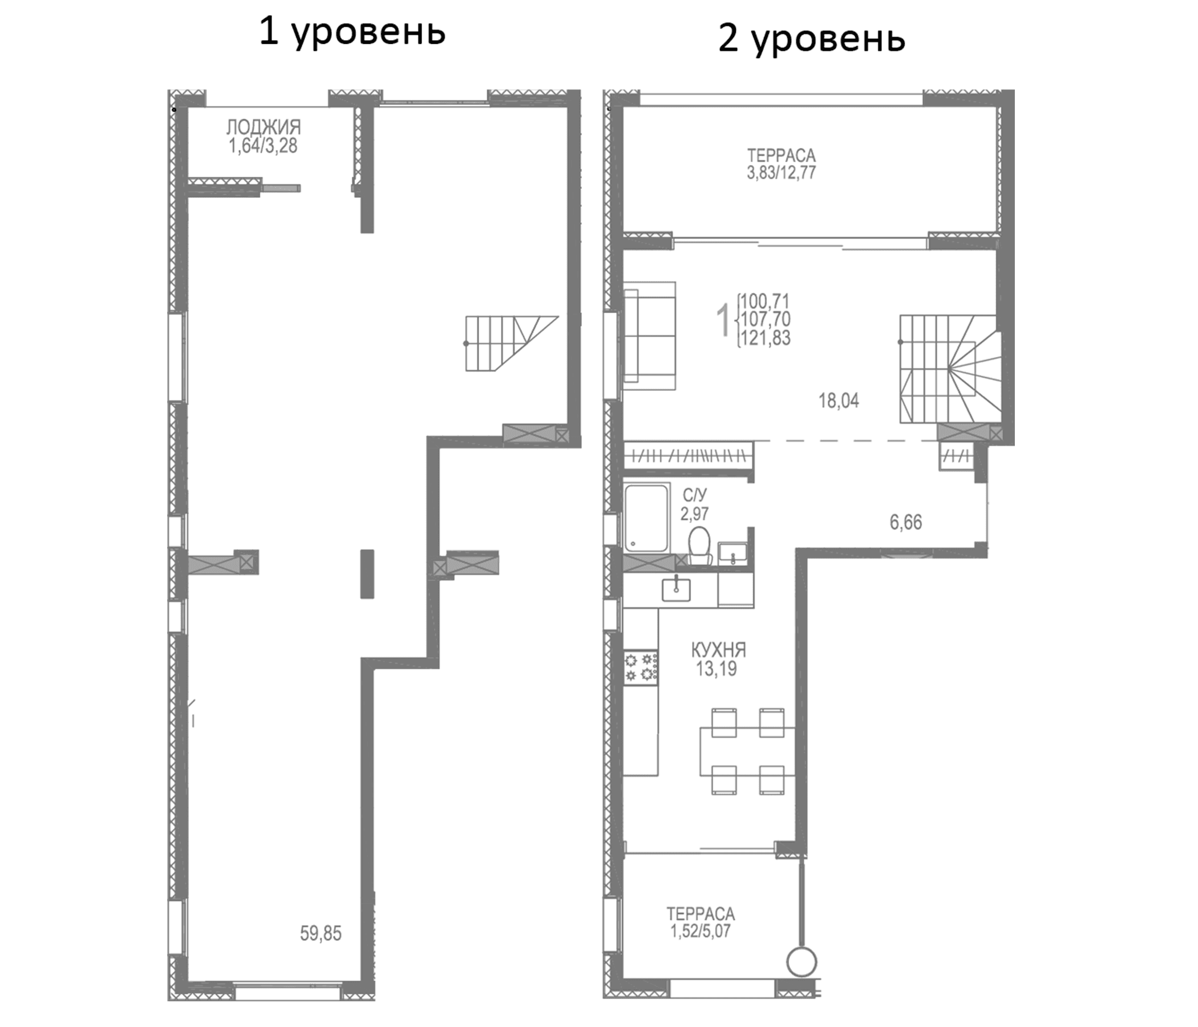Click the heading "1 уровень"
pos(352,32)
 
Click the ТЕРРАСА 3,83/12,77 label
pos(781,164)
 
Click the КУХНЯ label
pos(718,650)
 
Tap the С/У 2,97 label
pos(694,504)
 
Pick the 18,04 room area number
pos(839,400)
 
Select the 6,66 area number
pos(905,522)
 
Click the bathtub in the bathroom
pos(646,518)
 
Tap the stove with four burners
pos(641,666)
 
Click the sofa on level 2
pos(649,335)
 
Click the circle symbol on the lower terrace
pos(802,963)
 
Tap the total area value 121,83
pos(766,338)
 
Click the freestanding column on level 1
pos(367,573)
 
